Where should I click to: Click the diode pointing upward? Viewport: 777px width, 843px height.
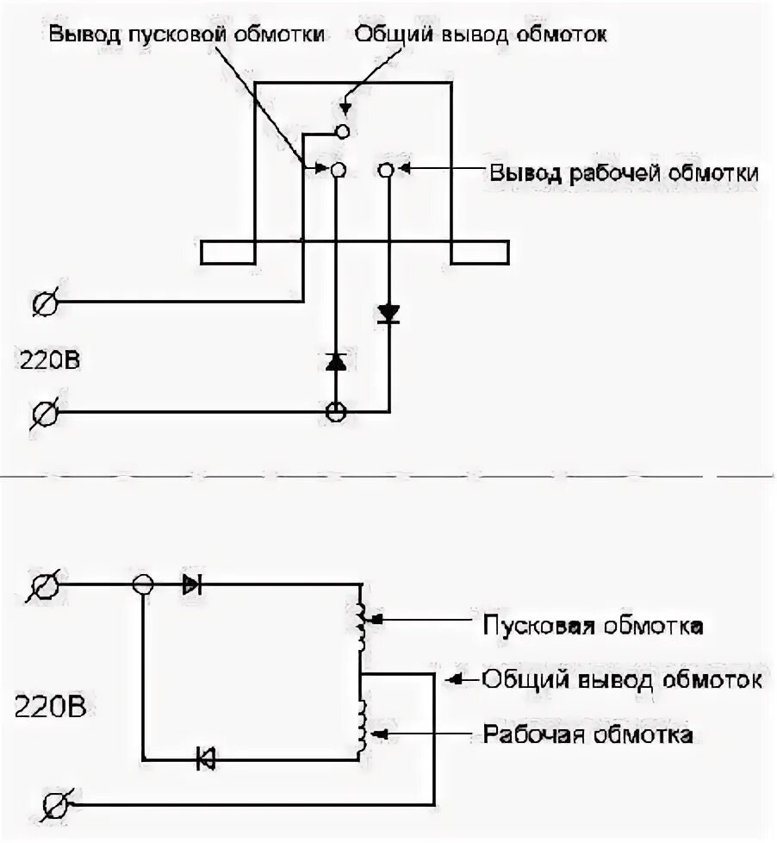(336, 362)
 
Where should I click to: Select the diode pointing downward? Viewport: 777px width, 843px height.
(388, 314)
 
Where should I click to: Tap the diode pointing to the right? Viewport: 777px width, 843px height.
(191, 585)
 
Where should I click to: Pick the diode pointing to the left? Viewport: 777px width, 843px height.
(205, 759)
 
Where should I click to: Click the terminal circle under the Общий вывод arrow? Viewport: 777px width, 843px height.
(342, 131)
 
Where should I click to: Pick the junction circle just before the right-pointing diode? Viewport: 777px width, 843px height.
(143, 585)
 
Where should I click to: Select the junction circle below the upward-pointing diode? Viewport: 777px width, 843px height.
(336, 412)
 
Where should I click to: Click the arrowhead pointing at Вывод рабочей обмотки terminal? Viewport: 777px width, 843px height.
(406, 171)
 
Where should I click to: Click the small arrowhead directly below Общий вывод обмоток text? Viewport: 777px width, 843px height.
(345, 109)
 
